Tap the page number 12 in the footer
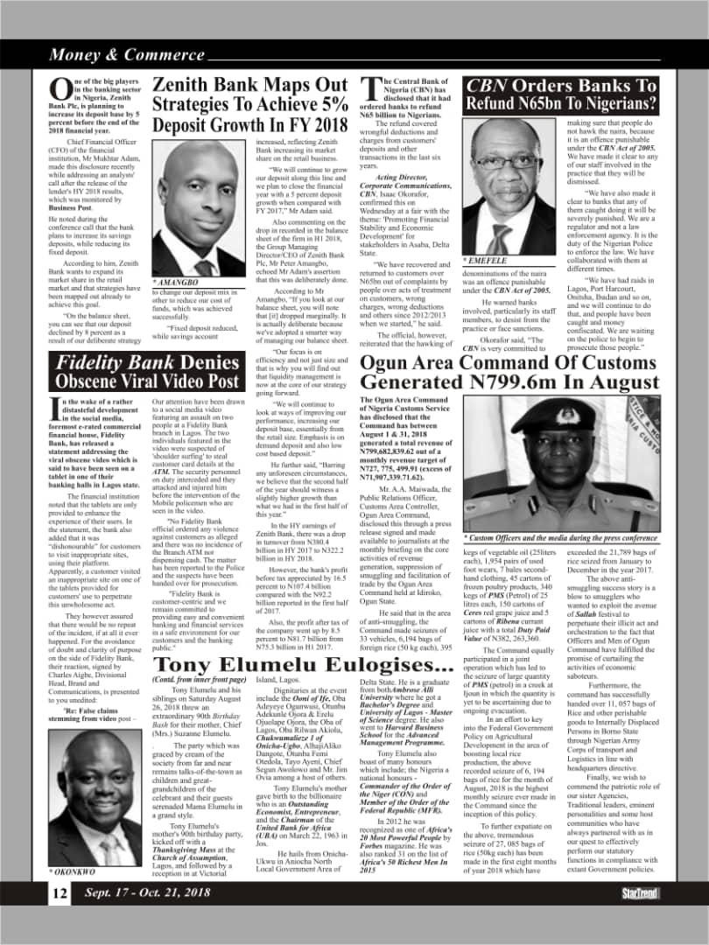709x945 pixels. point(60,892)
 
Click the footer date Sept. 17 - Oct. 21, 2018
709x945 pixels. point(146,892)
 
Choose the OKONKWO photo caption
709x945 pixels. point(72,872)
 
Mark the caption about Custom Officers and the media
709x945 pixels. point(560,537)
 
